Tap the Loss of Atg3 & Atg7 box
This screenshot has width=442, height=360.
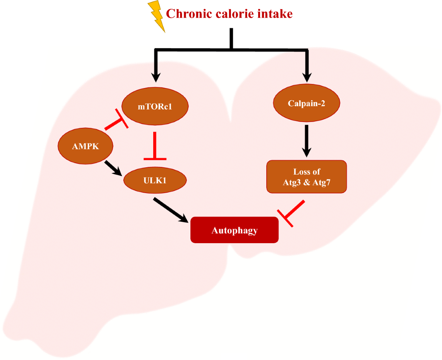(x=306, y=176)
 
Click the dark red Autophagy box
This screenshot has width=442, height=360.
(x=234, y=231)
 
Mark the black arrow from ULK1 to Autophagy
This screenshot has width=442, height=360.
(x=171, y=210)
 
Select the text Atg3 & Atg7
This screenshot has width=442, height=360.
(x=306, y=181)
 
